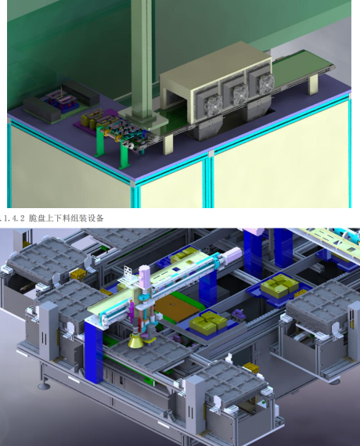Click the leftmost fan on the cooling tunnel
[x=214, y=106]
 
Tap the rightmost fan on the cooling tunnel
[x=266, y=82]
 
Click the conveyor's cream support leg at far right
[x=313, y=85]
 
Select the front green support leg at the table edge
[x=124, y=155]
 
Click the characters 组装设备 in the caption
[x=91, y=218]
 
